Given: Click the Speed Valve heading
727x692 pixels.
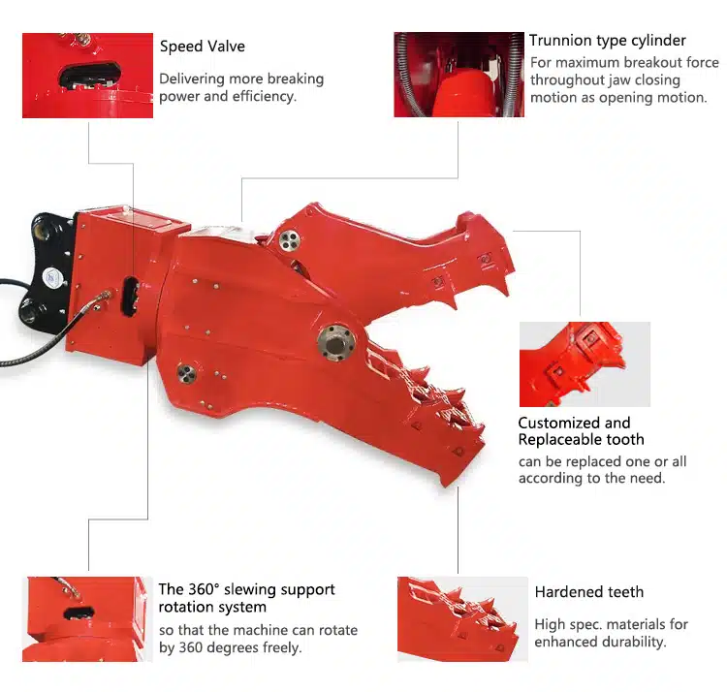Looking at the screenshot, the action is tap(203, 47).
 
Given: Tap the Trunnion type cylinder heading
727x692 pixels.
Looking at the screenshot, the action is tap(608, 41).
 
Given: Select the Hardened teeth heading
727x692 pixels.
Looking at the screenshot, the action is tap(588, 592).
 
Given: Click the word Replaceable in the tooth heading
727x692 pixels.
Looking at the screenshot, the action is tap(556, 439).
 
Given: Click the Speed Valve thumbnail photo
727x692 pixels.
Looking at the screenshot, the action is tap(87, 75).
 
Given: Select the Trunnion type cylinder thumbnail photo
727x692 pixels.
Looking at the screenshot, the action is tap(459, 75).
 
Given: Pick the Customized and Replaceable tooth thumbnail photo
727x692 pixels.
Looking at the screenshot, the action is tap(585, 364).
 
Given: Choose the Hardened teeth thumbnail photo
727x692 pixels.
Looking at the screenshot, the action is tap(462, 618).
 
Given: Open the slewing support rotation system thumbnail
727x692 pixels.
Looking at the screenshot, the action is tap(87, 618).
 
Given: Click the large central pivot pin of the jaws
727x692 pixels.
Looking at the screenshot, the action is tap(336, 342).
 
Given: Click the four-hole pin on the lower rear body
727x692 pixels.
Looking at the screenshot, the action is tap(187, 374).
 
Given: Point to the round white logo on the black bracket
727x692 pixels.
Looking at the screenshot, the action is tap(52, 278).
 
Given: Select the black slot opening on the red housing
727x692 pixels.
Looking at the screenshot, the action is tap(130, 296).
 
